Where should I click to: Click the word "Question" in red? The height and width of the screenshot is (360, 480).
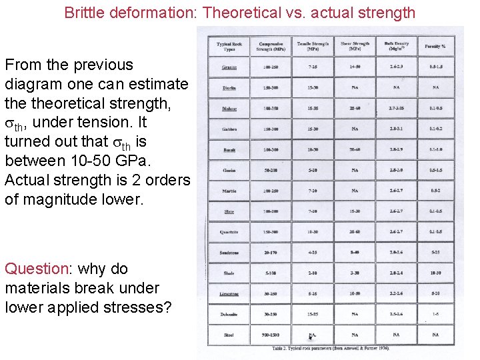point(36,269)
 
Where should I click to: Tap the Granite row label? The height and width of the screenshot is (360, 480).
point(230,67)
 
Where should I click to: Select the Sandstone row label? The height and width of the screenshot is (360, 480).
point(229,253)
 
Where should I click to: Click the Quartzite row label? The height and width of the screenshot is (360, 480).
point(229,232)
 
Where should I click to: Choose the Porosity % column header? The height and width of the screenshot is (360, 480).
point(435,47)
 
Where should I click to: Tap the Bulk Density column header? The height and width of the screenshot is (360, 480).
point(396,46)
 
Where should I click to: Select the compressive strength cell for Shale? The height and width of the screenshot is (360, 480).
point(271,273)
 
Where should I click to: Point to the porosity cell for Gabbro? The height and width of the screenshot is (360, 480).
point(435,129)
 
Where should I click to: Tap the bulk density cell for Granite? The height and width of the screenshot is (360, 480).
point(396,67)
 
